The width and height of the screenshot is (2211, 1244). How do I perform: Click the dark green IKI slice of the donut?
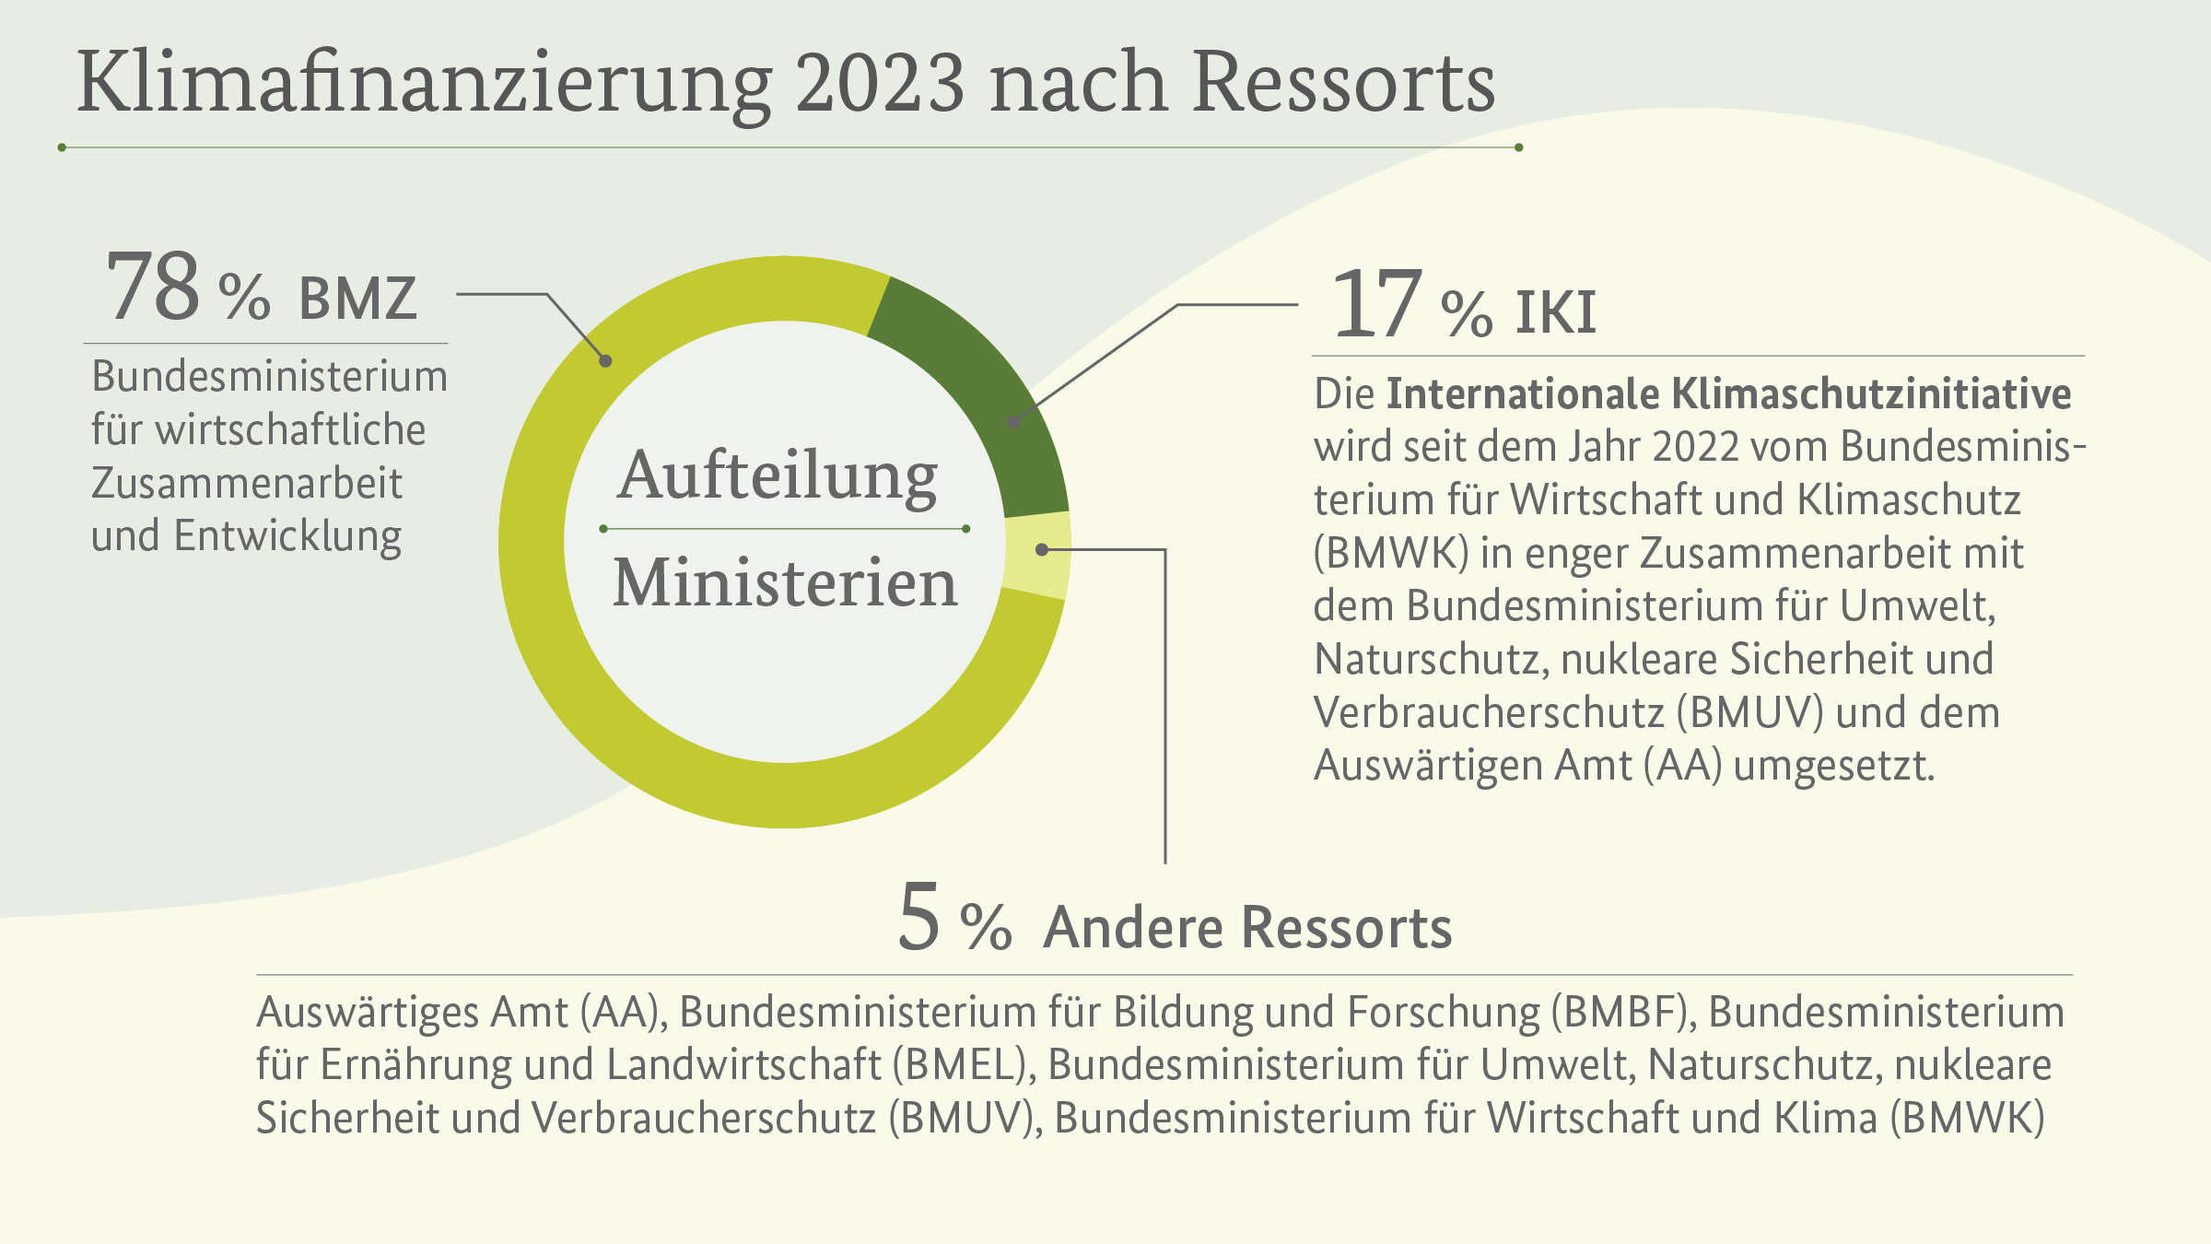click(977, 387)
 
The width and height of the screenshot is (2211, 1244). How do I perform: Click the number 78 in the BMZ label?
click(153, 288)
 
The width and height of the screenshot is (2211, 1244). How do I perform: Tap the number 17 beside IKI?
click(1377, 304)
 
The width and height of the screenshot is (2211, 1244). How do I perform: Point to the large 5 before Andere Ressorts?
click(918, 917)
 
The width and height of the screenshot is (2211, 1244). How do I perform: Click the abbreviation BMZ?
click(357, 299)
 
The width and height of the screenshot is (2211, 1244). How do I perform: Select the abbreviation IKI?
click(1555, 313)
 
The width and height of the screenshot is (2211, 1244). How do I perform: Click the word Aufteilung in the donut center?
click(778, 476)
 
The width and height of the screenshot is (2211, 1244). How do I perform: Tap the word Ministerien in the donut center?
click(785, 584)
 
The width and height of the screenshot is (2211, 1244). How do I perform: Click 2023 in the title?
click(880, 83)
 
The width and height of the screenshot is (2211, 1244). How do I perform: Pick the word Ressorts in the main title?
click(1343, 83)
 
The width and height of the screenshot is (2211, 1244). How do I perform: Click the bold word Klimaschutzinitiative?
click(1870, 394)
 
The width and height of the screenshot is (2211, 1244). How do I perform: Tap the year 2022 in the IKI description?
click(1695, 447)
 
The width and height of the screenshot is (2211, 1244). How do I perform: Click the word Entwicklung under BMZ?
click(287, 536)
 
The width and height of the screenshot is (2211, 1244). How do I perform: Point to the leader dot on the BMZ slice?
click(605, 361)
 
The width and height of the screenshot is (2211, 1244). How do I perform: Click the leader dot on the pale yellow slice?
click(1042, 550)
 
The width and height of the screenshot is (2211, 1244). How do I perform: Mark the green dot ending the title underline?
click(1518, 147)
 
